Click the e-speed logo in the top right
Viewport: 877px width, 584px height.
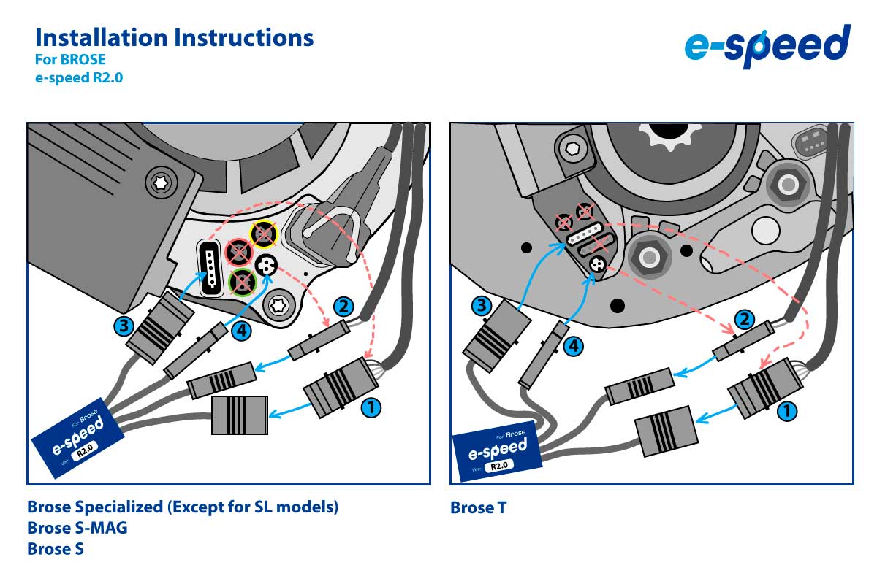tap(767, 45)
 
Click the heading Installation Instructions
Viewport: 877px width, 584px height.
tap(174, 38)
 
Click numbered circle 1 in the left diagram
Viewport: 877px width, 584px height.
tap(371, 407)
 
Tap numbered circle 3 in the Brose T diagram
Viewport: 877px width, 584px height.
tap(480, 306)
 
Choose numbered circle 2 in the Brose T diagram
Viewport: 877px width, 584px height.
tap(744, 319)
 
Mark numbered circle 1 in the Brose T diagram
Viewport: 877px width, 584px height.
tap(786, 411)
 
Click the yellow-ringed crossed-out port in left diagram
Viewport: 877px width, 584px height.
tap(263, 234)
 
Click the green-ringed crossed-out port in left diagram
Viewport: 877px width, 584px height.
tap(241, 280)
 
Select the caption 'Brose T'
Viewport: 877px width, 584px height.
tap(478, 507)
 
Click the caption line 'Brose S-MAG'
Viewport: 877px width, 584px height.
tap(77, 528)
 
